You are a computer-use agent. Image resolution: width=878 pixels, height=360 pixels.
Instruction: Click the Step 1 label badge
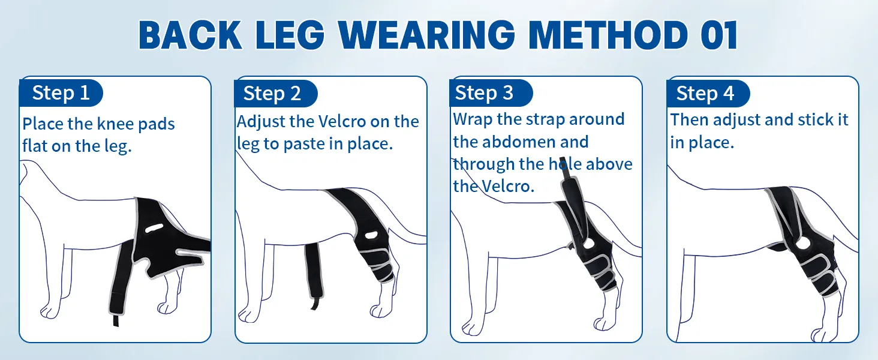(x=61, y=93)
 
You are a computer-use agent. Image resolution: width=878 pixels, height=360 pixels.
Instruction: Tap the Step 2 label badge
(x=275, y=94)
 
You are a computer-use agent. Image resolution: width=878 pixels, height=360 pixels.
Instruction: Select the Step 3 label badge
(x=491, y=93)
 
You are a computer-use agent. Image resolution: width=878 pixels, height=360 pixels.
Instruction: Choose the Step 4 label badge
(x=708, y=94)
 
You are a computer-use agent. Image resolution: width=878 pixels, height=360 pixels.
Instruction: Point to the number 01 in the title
(x=720, y=35)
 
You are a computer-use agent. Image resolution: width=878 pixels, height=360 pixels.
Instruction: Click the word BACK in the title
(x=190, y=35)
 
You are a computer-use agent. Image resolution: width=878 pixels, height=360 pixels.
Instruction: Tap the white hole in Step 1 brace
(x=155, y=228)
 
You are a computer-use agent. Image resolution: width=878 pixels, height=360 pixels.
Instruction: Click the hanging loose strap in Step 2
(x=314, y=275)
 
